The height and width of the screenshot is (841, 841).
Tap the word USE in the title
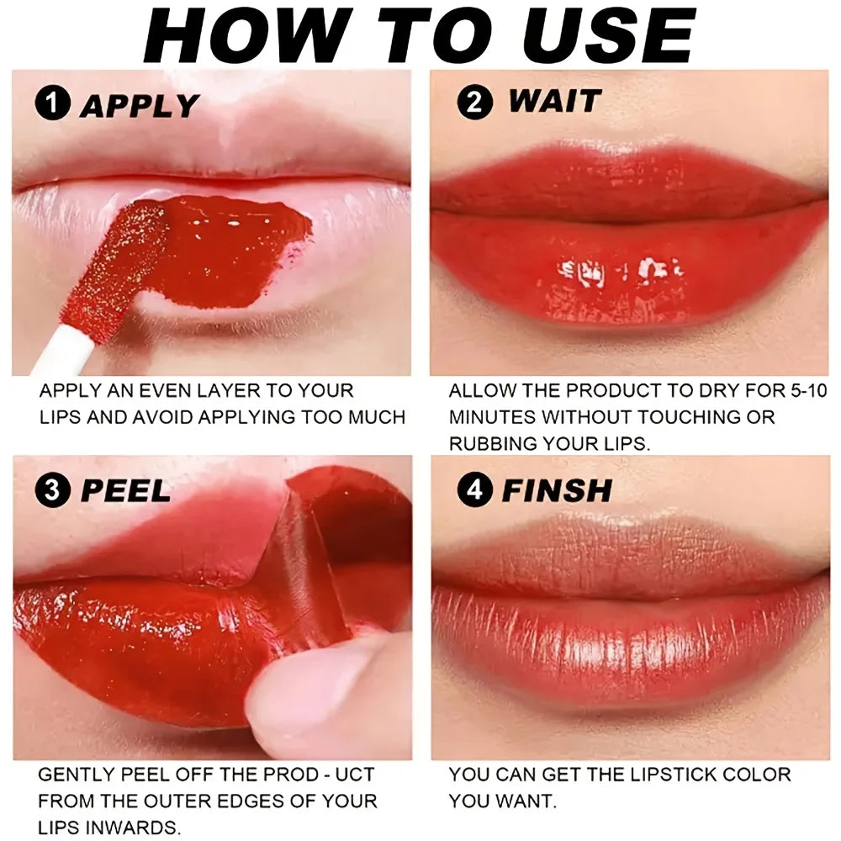coord(600,36)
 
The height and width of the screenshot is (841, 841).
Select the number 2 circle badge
coord(475,103)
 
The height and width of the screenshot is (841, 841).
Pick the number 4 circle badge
coord(475,490)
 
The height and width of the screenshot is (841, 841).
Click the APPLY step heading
coord(139,106)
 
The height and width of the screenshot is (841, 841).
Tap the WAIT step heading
coord(554,102)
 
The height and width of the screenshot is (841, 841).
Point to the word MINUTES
coord(492,417)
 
